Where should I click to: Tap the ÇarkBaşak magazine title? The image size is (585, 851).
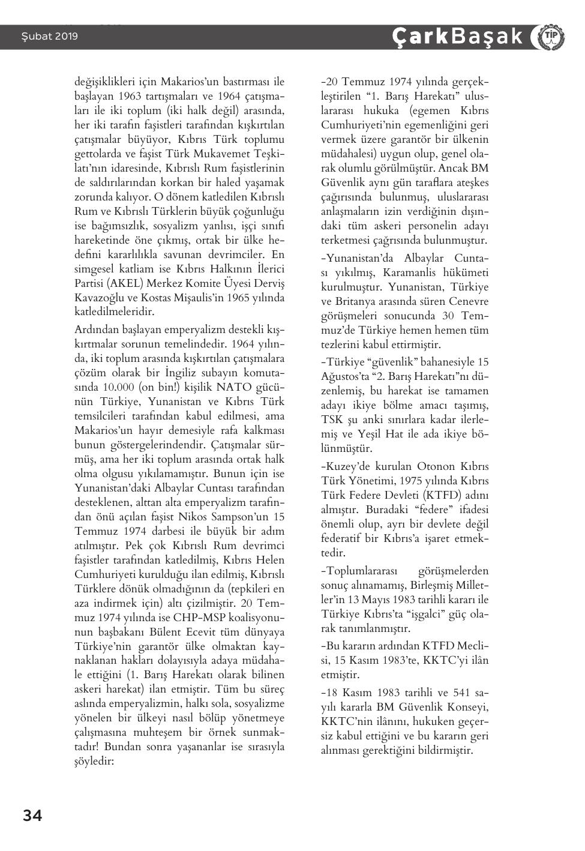(x=459, y=37)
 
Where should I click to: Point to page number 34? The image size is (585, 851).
(x=32, y=816)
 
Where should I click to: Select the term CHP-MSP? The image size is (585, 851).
(x=201, y=618)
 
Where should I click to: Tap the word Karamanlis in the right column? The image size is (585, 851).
(x=412, y=272)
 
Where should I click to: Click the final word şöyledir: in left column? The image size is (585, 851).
(x=94, y=761)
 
